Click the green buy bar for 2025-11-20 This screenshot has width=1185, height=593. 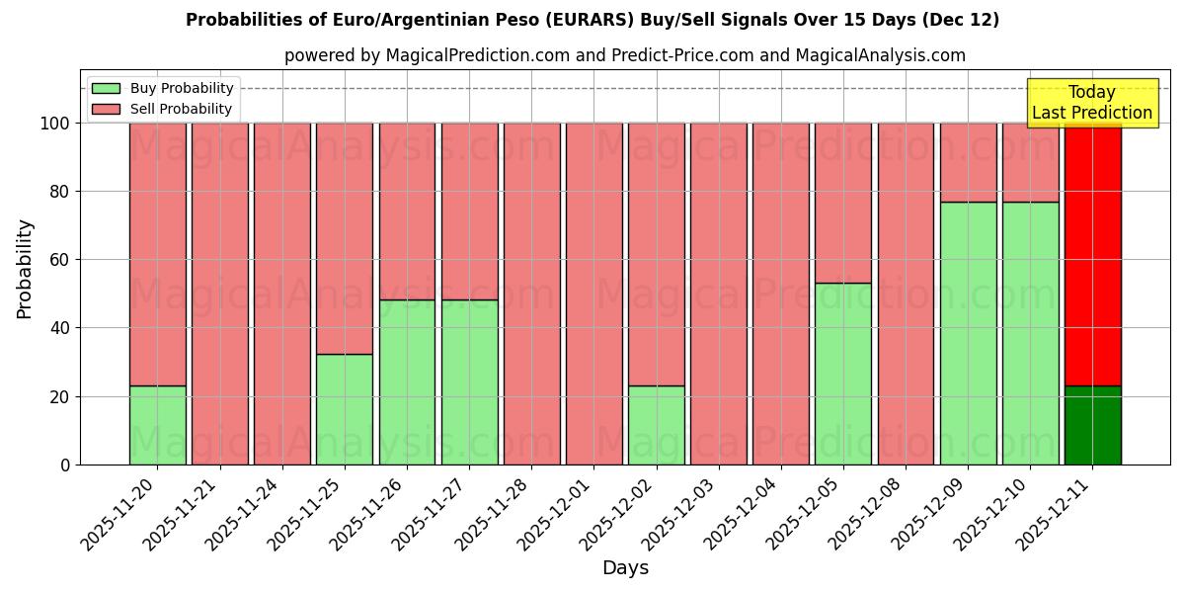pyautogui.click(x=157, y=425)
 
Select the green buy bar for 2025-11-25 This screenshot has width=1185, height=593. pyautogui.click(x=345, y=409)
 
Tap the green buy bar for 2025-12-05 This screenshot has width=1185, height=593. pyautogui.click(x=843, y=374)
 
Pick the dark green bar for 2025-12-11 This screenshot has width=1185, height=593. pyautogui.click(x=1093, y=425)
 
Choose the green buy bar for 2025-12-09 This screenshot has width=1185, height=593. pyautogui.click(x=968, y=333)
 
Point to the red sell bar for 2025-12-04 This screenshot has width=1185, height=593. pyautogui.click(x=781, y=294)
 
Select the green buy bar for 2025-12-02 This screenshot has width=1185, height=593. pyautogui.click(x=657, y=425)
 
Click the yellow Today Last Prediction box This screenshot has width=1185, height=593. pyautogui.click(x=1092, y=103)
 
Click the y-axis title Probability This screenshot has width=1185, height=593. pyautogui.click(x=25, y=268)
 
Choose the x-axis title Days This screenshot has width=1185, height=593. pyautogui.click(x=625, y=568)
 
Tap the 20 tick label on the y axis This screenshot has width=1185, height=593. pyautogui.click(x=60, y=396)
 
